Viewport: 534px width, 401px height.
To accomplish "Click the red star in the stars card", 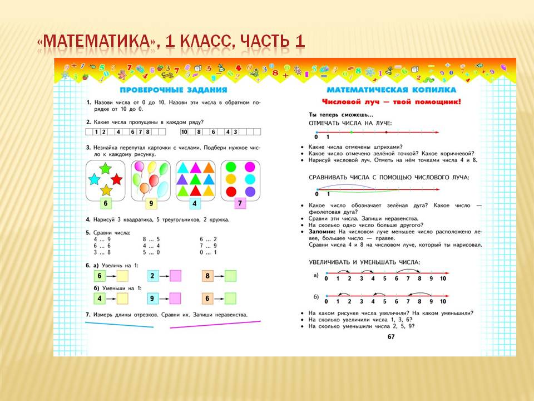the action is pos(116,179).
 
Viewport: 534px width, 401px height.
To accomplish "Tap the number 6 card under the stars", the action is pos(106,203).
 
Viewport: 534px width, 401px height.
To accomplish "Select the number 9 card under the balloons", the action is pos(151,204).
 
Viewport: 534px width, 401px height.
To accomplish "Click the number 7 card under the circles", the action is pos(240,203).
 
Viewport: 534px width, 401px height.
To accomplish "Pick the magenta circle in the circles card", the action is pos(250,167).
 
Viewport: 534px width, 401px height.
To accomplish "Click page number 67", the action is pos(391,336).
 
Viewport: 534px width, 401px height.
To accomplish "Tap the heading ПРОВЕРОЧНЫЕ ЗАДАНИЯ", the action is pos(174,90).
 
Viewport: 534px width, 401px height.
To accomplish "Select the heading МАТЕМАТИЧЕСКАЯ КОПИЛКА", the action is pos(391,90).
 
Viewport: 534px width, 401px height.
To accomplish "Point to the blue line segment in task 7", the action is pos(119,325).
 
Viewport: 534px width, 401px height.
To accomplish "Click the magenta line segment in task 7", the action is pos(215,324).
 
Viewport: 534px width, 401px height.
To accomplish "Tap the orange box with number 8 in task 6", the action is pos(207,276).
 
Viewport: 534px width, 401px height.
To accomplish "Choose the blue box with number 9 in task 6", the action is pos(152,299).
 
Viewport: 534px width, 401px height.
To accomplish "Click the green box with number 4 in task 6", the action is pos(100,299).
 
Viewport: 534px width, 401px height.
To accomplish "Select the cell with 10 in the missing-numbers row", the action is pos(184,132).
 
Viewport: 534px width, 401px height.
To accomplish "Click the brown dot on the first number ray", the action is pos(386,133).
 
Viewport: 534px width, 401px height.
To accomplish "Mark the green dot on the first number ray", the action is pos(352,133).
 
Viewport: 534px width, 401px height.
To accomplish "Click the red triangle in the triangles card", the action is pos(195,190).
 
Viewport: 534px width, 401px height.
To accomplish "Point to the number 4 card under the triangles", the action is pos(195,204).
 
